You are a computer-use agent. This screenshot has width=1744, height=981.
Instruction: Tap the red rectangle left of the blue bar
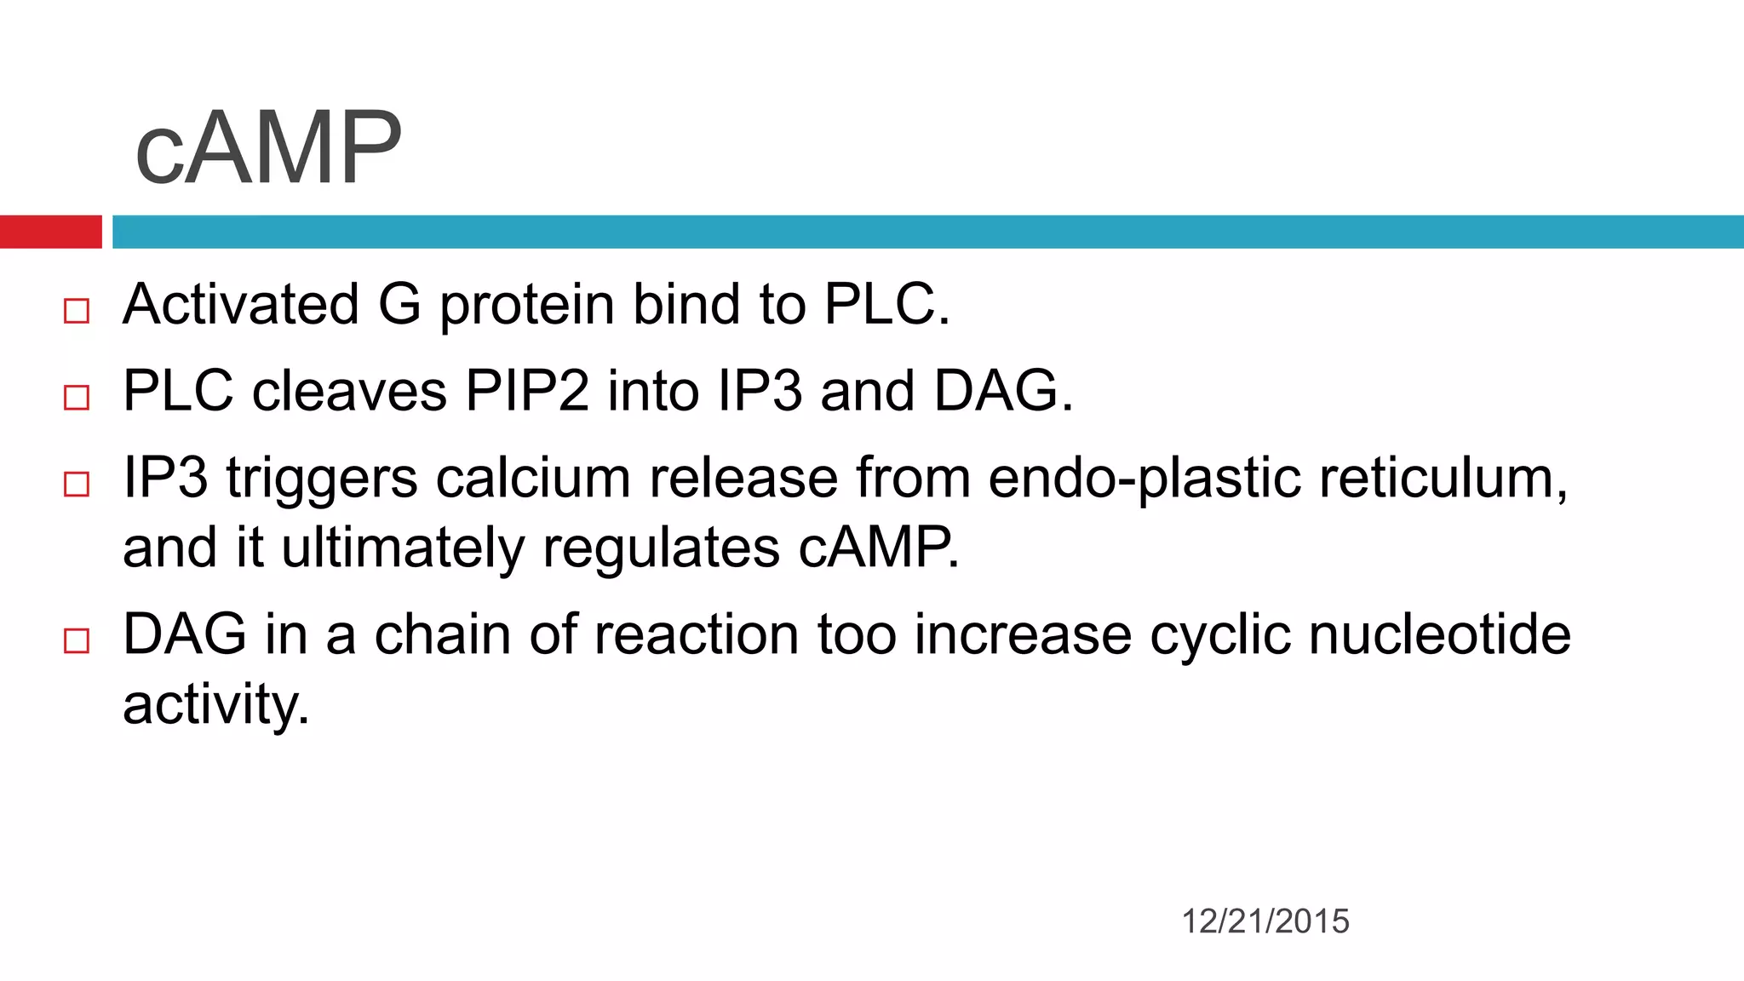pyautogui.click(x=50, y=232)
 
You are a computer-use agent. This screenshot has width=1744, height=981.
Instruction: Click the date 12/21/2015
pyautogui.click(x=1265, y=921)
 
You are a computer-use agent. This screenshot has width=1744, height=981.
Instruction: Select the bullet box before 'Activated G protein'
pyautogui.click(x=77, y=311)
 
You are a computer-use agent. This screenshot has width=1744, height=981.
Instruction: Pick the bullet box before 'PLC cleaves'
pyautogui.click(x=77, y=398)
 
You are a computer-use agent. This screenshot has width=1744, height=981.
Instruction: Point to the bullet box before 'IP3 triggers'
pyautogui.click(x=77, y=485)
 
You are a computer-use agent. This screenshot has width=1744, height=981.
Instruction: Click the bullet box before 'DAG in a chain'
pyautogui.click(x=77, y=641)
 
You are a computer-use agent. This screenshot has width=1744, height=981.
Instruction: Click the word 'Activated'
pyautogui.click(x=241, y=304)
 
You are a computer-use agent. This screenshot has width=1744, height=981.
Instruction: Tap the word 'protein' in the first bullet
pyautogui.click(x=526, y=306)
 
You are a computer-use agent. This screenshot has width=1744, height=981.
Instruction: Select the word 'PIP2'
pyautogui.click(x=526, y=391)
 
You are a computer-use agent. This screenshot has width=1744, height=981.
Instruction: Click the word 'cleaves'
pyautogui.click(x=349, y=391)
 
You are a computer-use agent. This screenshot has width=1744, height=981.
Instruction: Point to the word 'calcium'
pyautogui.click(x=533, y=478)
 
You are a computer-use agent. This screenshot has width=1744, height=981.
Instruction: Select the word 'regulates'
pyautogui.click(x=661, y=549)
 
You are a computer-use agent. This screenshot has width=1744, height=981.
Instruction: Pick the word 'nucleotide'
pyautogui.click(x=1439, y=634)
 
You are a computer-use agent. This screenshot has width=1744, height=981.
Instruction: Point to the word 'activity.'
pyautogui.click(x=216, y=706)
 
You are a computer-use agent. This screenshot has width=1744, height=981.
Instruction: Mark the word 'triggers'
pyautogui.click(x=322, y=479)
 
